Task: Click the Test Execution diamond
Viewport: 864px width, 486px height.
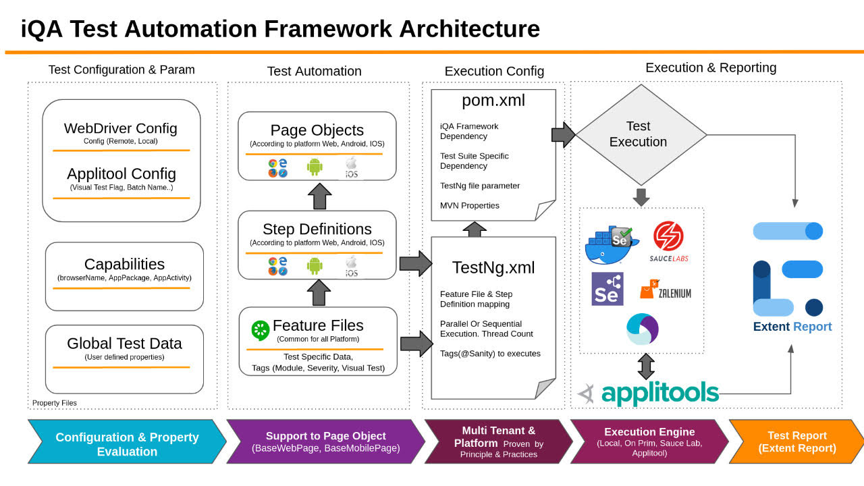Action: pos(638,134)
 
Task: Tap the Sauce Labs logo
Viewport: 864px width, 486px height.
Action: pos(668,242)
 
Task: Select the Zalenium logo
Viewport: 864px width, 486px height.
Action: pos(666,292)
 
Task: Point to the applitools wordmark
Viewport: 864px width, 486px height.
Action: pos(659,393)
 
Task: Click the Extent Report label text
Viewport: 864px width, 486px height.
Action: pos(792,327)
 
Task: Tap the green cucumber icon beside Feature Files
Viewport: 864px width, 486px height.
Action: pos(260,330)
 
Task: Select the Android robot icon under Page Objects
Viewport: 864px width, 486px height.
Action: pos(315,166)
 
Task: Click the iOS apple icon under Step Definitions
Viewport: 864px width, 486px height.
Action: pos(351,266)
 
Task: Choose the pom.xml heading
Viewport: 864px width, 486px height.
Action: pos(493,101)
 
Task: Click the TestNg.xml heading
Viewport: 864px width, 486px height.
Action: pos(493,267)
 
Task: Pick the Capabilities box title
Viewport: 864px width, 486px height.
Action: pos(124,264)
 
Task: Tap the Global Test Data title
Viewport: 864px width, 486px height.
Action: pos(124,343)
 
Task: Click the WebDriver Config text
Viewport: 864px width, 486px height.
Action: pos(121,128)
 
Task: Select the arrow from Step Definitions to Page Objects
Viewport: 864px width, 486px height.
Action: pos(319,196)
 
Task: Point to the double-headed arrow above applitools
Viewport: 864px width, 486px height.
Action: pos(646,367)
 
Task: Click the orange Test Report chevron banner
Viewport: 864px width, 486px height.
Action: pos(796,441)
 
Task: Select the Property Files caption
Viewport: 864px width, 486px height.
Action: pos(55,403)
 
